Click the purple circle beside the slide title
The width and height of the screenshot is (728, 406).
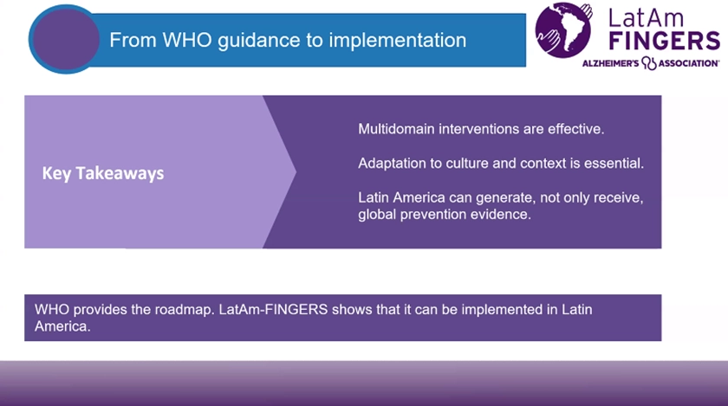pyautogui.click(x=66, y=39)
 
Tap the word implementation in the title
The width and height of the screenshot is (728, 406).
pyautogui.click(x=398, y=41)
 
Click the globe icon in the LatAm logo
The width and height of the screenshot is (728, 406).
pyautogui.click(x=563, y=30)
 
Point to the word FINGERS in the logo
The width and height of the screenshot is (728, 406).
pyautogui.click(x=665, y=41)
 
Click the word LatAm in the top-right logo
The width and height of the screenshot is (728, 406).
pyautogui.click(x=646, y=18)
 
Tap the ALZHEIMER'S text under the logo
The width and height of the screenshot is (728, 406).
pyautogui.click(x=610, y=63)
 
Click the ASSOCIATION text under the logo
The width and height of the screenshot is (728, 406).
pyautogui.click(x=688, y=63)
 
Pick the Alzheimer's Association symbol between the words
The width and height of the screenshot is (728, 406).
pyautogui.click(x=648, y=63)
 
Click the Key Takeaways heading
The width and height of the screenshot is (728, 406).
pyautogui.click(x=103, y=173)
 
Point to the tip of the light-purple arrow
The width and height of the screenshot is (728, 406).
pyautogui.click(x=296, y=171)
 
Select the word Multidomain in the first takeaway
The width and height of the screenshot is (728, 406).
pyautogui.click(x=396, y=129)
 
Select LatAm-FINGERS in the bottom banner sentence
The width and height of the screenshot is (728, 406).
pyautogui.click(x=274, y=310)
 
